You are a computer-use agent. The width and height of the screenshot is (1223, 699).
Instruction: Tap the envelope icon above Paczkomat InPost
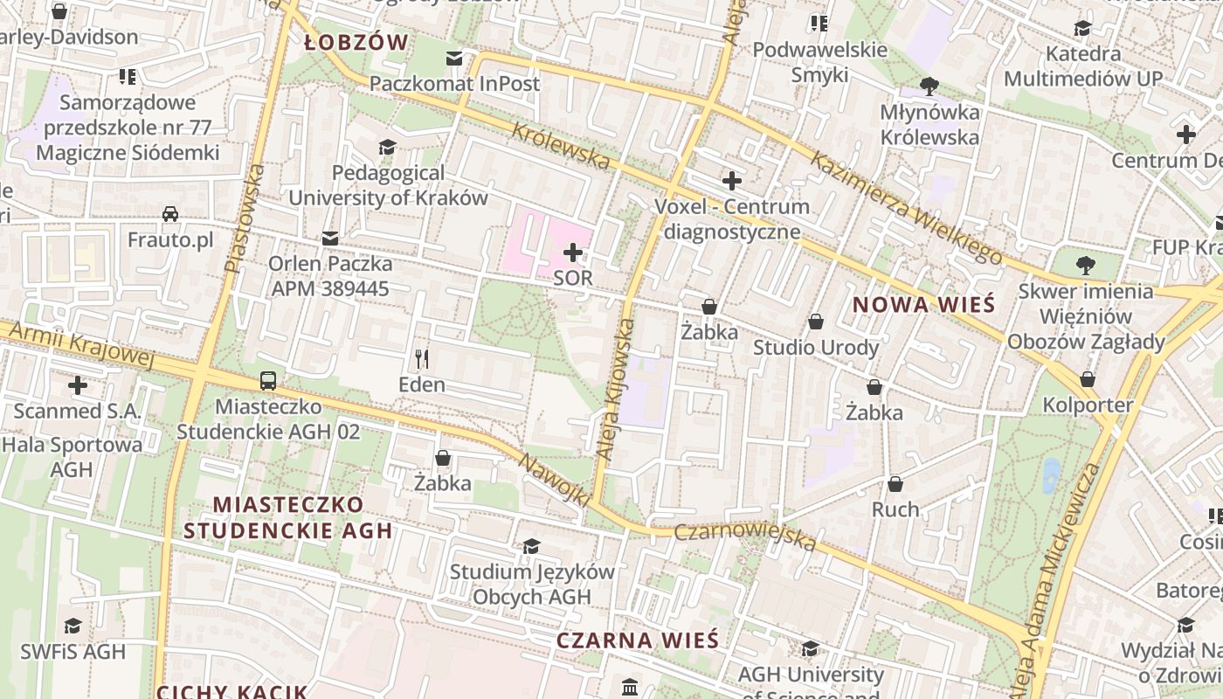tap(454, 59)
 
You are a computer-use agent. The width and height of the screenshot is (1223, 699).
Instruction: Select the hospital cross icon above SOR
tap(573, 253)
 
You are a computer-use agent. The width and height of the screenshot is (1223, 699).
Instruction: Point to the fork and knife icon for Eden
tap(422, 358)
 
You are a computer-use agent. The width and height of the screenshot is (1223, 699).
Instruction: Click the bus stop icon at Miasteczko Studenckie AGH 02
tap(268, 381)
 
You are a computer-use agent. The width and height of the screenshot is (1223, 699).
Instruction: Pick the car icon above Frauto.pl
tap(170, 214)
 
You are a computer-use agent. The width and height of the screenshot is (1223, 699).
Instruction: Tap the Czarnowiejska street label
tap(745, 536)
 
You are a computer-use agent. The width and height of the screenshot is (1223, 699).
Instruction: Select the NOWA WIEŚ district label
tap(923, 304)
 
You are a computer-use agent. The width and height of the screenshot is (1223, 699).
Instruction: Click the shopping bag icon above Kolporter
tap(1088, 379)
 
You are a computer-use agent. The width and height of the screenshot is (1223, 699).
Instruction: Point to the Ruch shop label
tap(895, 509)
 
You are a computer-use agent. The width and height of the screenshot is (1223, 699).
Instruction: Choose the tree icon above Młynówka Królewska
tap(929, 86)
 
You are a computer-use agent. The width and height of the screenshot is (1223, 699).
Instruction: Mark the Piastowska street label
tap(244, 218)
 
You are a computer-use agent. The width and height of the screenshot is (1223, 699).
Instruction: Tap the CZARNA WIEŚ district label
tap(638, 640)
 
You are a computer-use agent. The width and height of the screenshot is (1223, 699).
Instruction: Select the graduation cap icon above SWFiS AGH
tap(73, 626)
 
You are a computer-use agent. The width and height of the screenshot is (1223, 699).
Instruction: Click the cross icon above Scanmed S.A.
tap(78, 384)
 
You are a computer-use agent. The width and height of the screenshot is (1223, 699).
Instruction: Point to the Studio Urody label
tap(816, 348)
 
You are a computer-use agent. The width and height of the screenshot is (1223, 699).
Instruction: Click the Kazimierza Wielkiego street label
tap(906, 208)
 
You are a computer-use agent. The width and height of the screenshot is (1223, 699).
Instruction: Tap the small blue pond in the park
tap(1051, 475)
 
